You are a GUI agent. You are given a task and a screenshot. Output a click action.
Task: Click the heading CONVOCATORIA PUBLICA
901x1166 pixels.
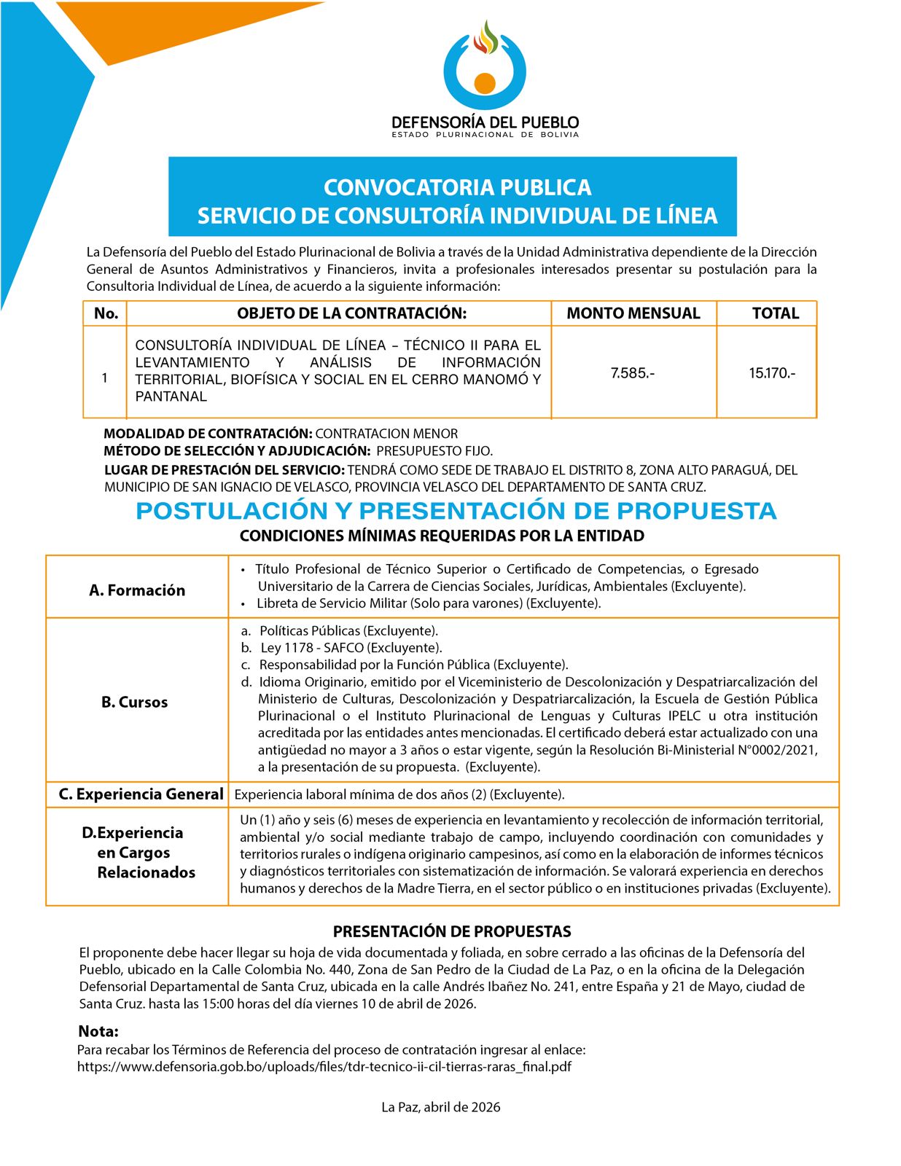tap(457, 187)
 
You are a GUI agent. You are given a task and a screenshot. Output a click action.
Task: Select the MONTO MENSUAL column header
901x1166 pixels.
tap(633, 313)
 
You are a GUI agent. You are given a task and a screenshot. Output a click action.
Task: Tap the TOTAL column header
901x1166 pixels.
tap(775, 313)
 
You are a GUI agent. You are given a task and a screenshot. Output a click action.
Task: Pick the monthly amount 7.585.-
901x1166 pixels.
tap(632, 373)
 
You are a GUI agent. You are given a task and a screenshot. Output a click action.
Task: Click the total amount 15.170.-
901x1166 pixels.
tap(772, 373)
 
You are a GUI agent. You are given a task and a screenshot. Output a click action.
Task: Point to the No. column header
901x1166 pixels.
tap(106, 313)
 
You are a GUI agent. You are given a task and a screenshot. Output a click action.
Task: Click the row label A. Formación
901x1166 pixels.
tap(137, 590)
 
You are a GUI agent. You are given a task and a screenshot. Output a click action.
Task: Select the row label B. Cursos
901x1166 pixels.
tap(134, 703)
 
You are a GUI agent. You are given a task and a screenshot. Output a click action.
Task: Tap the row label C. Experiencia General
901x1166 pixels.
tap(141, 794)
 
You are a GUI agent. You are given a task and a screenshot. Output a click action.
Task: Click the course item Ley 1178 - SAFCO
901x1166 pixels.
tap(351, 648)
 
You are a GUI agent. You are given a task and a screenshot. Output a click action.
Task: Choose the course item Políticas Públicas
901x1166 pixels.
tap(348, 631)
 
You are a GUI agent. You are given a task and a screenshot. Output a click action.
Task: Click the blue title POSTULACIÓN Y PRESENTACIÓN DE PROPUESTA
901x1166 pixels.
tap(456, 511)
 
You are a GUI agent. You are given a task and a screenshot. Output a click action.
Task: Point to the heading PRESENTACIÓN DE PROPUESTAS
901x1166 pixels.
tap(452, 931)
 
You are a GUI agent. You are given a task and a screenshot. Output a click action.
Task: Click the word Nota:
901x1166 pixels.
tap(98, 1031)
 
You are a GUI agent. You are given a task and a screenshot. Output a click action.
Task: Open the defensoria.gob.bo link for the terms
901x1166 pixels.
tap(324, 1067)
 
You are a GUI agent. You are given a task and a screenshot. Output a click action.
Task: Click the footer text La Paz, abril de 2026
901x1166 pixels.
tap(441, 1107)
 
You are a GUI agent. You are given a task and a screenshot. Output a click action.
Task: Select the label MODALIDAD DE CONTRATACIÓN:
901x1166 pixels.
tap(208, 434)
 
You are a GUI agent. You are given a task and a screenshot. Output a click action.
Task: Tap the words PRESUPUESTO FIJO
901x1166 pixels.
tap(434, 451)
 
